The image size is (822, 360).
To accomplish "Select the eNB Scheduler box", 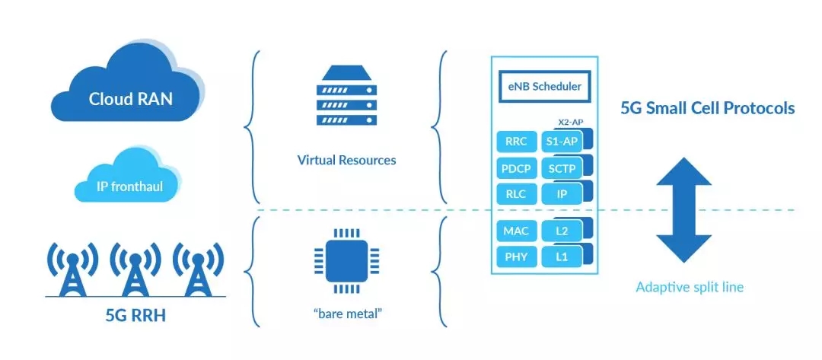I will pyautogui.click(x=545, y=86).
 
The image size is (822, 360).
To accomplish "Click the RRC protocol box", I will pyautogui.click(x=515, y=141).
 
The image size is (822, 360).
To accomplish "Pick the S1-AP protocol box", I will pyautogui.click(x=562, y=141).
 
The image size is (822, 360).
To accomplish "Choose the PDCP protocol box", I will pyautogui.click(x=515, y=167).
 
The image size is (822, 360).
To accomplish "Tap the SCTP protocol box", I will pyautogui.click(x=562, y=167).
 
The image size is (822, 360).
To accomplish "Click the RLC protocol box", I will pyautogui.click(x=515, y=193).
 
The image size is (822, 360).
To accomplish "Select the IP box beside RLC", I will pyautogui.click(x=562, y=193).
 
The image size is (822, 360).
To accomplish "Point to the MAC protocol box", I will pyautogui.click(x=515, y=230).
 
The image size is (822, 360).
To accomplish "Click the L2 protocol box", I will pyautogui.click(x=562, y=230).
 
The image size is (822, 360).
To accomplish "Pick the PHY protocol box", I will pyautogui.click(x=515, y=256).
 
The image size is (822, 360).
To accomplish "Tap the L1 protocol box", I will pyautogui.click(x=562, y=256).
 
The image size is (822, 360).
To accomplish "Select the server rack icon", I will pyautogui.click(x=347, y=95).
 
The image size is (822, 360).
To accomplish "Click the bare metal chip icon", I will pyautogui.click(x=347, y=260).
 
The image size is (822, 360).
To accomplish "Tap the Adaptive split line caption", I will pyautogui.click(x=690, y=287).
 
